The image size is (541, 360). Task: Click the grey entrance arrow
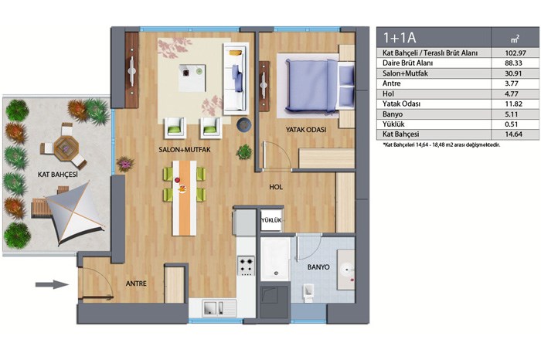[52, 284]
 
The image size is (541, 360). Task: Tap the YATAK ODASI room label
[306, 130]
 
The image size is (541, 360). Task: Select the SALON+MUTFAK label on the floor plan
[185, 150]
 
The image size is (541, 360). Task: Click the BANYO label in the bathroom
[318, 267]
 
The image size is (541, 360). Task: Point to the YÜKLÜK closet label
[271, 220]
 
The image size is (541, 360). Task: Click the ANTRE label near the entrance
[136, 284]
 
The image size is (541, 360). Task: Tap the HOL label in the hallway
[276, 187]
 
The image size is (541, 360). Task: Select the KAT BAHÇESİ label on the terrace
[58, 175]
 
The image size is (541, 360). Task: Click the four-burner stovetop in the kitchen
[247, 266]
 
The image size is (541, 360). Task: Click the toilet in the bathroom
[309, 292]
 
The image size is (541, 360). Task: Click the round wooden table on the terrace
[66, 148]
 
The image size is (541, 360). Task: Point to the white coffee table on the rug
[192, 78]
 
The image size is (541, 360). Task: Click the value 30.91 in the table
[513, 73]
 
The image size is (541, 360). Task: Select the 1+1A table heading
[400, 37]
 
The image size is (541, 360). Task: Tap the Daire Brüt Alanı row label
[407, 63]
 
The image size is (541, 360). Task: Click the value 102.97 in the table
[515, 53]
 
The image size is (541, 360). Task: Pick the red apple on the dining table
[177, 180]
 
